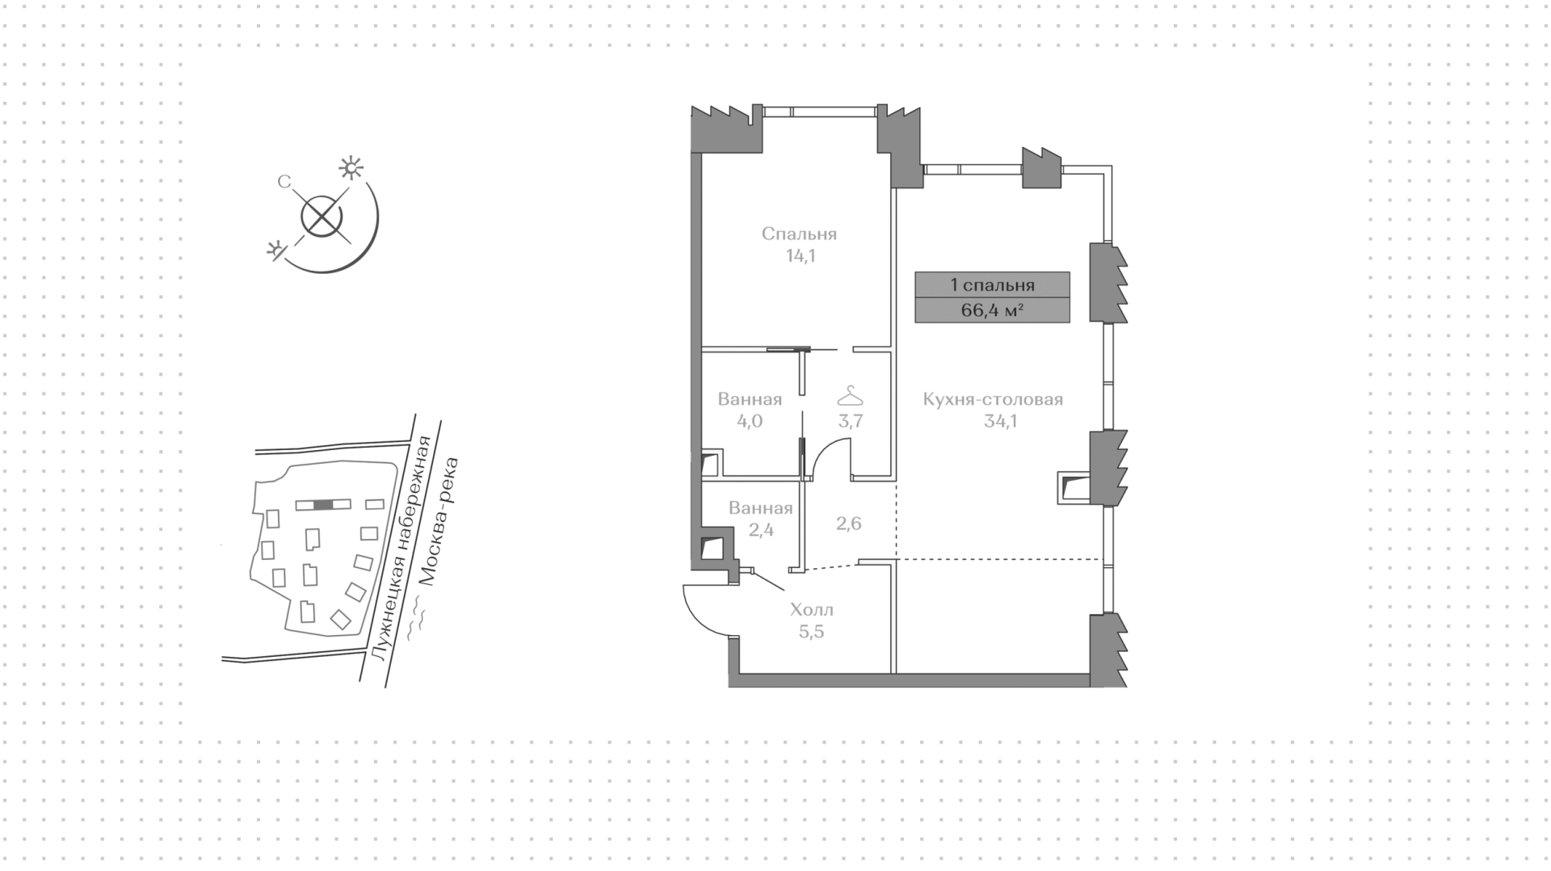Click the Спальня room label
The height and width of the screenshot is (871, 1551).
[x=799, y=234]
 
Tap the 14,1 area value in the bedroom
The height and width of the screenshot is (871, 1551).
[x=800, y=256]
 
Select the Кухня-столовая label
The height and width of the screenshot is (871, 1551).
[x=993, y=399]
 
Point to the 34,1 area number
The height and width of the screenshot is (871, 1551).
[x=1000, y=421]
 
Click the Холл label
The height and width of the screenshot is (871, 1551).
[x=812, y=610]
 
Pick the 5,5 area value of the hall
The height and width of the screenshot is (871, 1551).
[x=812, y=632]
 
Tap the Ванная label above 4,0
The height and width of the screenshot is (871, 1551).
[x=750, y=399]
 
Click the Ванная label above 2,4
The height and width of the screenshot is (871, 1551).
[x=760, y=508]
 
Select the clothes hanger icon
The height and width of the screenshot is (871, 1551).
[x=850, y=396]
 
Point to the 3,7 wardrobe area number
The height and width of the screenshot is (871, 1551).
[x=850, y=421]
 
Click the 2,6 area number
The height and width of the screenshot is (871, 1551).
[x=849, y=524]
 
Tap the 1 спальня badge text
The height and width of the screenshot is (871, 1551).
[x=992, y=284]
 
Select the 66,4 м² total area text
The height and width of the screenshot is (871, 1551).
[x=993, y=310]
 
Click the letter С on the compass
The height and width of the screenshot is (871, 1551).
[x=284, y=183]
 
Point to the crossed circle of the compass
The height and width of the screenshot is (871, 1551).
[x=322, y=217]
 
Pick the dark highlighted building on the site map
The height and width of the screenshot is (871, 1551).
[x=323, y=505]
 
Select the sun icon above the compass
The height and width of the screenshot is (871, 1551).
[x=351, y=168]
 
